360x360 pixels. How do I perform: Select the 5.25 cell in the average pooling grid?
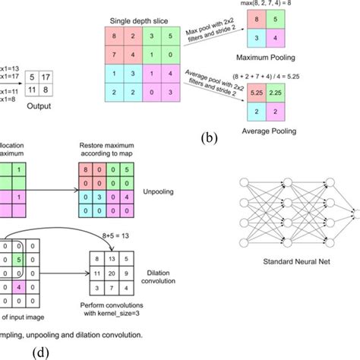[x=257, y=93]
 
